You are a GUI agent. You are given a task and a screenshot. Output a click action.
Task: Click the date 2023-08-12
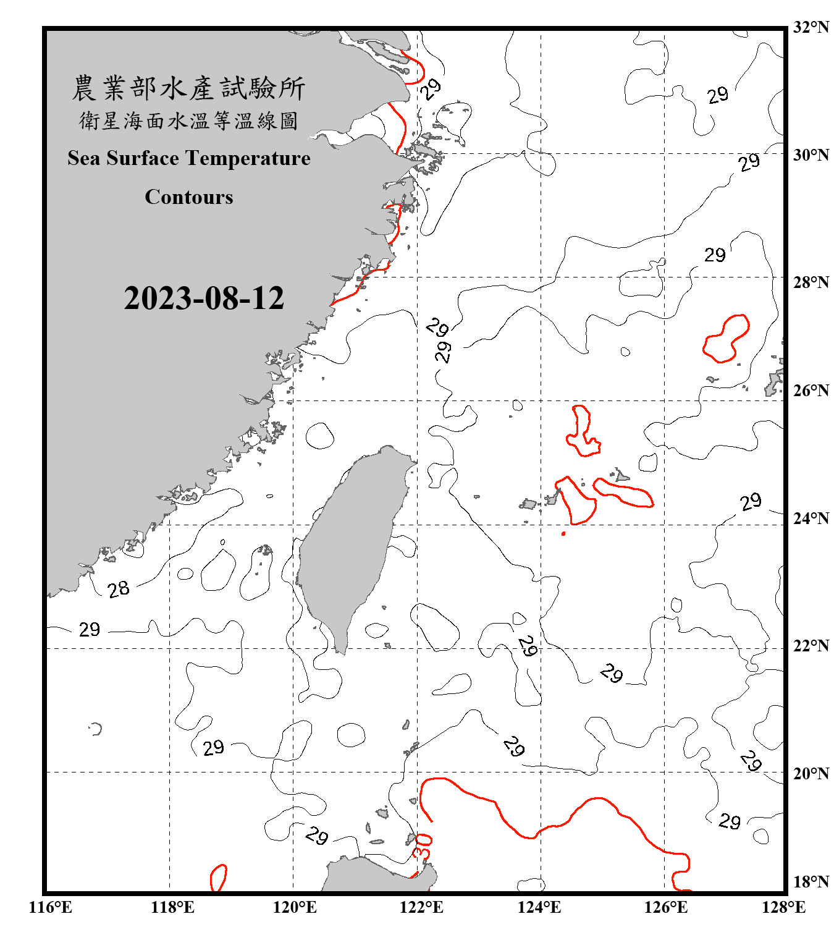[x=204, y=298]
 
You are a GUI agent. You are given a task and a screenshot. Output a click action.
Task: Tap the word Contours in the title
[x=189, y=197]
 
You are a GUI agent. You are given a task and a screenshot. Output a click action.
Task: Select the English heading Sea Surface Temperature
[x=189, y=158]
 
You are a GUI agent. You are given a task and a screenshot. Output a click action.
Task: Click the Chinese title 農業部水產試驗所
[x=189, y=88]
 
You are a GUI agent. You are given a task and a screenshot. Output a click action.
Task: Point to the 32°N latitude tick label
[x=811, y=27]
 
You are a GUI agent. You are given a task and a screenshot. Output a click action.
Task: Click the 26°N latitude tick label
[x=811, y=391]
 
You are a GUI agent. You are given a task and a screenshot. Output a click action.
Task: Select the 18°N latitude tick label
[x=811, y=881]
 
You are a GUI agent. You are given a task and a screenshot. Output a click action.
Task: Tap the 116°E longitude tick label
[x=51, y=907]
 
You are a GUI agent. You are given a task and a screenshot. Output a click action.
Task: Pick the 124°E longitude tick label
[x=539, y=907]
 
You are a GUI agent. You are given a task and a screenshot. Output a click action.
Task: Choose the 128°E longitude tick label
[x=783, y=907]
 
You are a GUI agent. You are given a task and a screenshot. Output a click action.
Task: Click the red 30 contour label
[x=423, y=845]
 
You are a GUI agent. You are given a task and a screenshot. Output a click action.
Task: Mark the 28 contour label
[x=119, y=589]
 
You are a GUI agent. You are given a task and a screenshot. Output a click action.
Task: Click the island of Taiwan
[x=352, y=544]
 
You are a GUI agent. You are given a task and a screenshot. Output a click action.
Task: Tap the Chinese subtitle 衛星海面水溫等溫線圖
[x=189, y=121]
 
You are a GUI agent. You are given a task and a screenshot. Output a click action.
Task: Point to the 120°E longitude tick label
[x=295, y=907]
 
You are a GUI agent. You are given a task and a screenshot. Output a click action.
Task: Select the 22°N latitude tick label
[x=811, y=646]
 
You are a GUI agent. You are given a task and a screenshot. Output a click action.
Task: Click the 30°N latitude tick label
[x=811, y=154]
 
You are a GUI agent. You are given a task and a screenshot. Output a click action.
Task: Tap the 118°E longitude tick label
[x=172, y=907]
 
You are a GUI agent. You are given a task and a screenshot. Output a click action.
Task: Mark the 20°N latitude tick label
[x=811, y=773]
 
